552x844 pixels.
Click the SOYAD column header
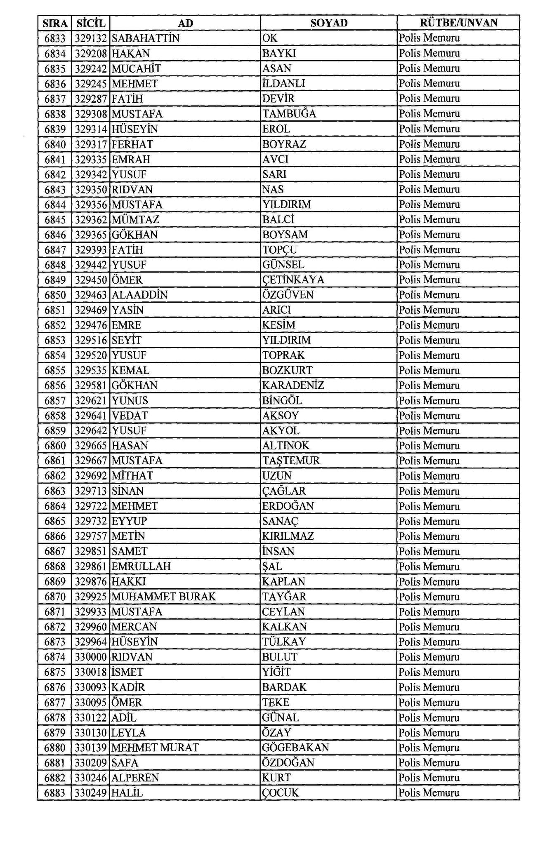point(328,23)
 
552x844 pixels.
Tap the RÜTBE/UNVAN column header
point(458,23)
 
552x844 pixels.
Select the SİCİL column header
point(90,23)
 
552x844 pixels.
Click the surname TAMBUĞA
point(289,114)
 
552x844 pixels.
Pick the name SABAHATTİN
point(146,38)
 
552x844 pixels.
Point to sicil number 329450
point(91,280)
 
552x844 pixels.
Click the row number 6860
point(55,446)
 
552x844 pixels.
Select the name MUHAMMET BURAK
point(164,597)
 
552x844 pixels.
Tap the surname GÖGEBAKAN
point(295,748)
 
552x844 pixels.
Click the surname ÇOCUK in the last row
point(281,793)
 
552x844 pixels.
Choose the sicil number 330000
point(91,657)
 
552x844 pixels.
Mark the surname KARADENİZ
point(293,386)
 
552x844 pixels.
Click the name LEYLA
point(129,733)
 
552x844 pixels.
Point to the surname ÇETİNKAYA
point(293,280)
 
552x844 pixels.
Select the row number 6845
point(55,220)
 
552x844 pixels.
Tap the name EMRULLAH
point(141,567)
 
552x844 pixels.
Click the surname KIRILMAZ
point(288,536)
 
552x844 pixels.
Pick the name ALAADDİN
point(139,295)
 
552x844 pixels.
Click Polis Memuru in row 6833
point(429,38)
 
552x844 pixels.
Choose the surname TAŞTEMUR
point(291,461)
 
